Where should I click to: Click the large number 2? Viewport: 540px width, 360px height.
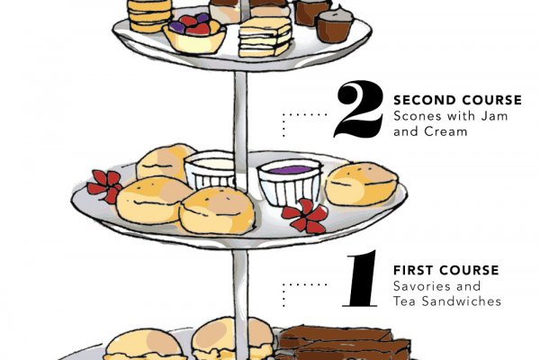pyautogui.click(x=358, y=109)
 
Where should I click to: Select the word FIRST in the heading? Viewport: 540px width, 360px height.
pyautogui.click(x=413, y=270)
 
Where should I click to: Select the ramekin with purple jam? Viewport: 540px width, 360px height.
pyautogui.click(x=290, y=182)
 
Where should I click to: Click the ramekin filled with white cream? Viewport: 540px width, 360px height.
pyautogui.click(x=210, y=169)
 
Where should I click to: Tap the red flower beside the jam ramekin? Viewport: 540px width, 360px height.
pyautogui.click(x=305, y=215)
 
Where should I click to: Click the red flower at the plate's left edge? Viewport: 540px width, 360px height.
pyautogui.click(x=104, y=186)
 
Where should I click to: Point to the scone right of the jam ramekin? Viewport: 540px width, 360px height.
pyautogui.click(x=362, y=184)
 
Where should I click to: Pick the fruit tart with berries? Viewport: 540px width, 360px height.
pyautogui.click(x=194, y=34)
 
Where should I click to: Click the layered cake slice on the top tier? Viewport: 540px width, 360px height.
pyautogui.click(x=265, y=37)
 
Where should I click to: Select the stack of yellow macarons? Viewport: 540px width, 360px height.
pyautogui.click(x=149, y=15)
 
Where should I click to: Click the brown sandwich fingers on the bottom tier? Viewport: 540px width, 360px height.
pyautogui.click(x=344, y=342)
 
